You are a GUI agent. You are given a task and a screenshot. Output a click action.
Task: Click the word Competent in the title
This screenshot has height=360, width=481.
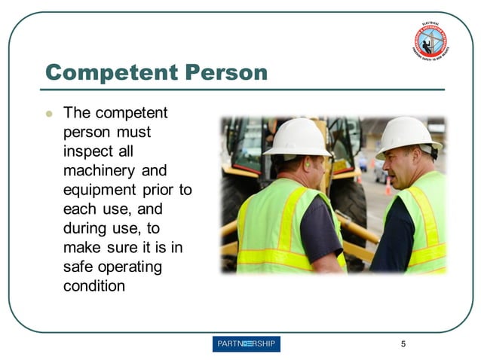click(103, 73)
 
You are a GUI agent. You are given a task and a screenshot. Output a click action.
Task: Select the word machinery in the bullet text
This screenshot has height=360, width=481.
click(96, 171)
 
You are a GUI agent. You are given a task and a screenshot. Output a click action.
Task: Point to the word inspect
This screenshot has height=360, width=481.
click(88, 151)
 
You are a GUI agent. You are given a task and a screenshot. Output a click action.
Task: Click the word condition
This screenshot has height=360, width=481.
click(94, 286)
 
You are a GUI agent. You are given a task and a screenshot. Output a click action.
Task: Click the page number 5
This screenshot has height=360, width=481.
click(403, 344)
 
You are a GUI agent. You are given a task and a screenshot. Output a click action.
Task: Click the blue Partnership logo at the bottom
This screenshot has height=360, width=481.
click(247, 344)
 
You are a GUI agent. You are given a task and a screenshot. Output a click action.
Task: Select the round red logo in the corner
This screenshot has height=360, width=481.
click(431, 42)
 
